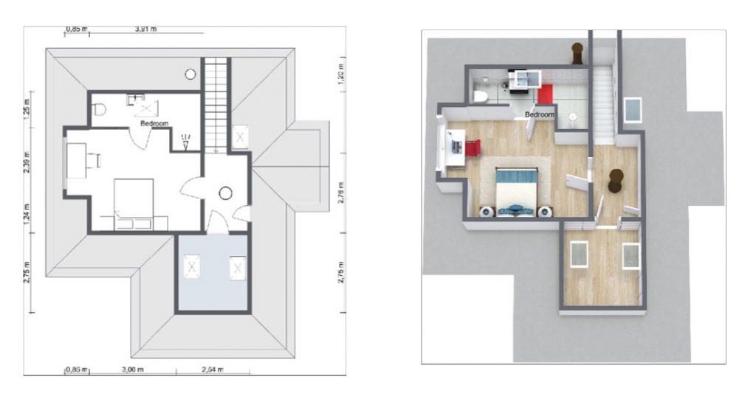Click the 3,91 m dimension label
145,29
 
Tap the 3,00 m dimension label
133,370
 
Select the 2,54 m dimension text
212,370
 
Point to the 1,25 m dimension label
27,109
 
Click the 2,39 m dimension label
27,162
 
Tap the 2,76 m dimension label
341,193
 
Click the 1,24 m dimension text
27,215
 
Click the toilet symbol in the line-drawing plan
100,110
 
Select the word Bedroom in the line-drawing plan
154,124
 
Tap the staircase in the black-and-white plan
216,105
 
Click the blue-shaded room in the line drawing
213,273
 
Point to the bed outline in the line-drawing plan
134,199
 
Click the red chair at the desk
473,148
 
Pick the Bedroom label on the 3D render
540,114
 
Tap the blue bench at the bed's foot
515,210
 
